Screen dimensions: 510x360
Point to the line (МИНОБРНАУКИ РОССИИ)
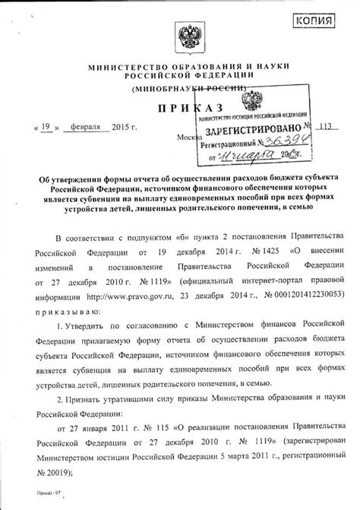tap(182, 89)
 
